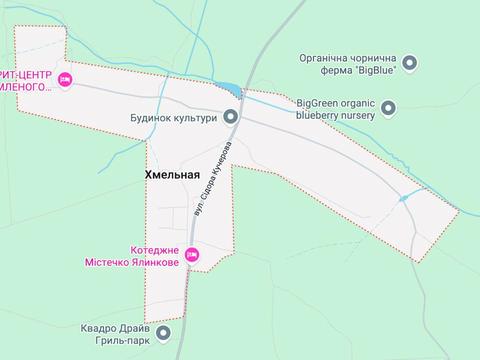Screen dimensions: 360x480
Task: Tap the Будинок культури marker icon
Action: (x=231, y=117)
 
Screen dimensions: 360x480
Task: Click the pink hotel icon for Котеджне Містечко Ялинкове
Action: (x=193, y=256)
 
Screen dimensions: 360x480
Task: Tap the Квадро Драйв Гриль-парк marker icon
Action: (x=164, y=334)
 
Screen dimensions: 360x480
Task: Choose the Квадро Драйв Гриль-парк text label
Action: (x=118, y=334)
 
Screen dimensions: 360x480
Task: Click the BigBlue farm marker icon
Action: (x=409, y=63)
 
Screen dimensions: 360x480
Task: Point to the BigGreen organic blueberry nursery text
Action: (x=336, y=108)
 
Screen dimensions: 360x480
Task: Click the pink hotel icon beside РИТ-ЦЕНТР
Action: (x=65, y=80)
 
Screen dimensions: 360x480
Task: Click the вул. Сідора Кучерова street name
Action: (x=209, y=180)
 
